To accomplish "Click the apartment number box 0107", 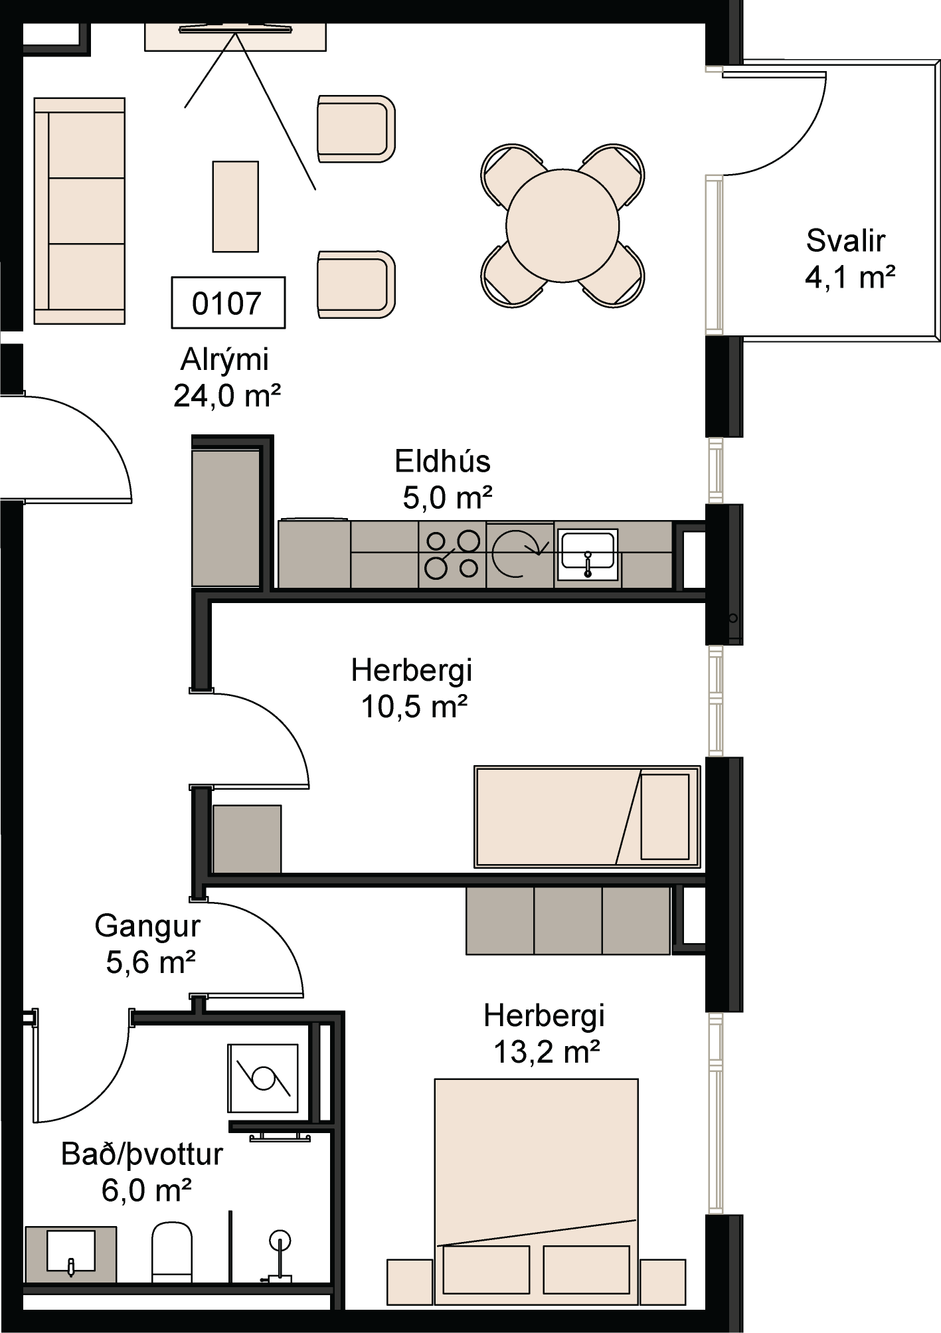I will point(228,303).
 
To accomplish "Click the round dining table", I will point(562,225).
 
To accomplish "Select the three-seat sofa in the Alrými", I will point(80,211).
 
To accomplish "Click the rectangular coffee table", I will point(235,206).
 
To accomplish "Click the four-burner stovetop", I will point(452,554).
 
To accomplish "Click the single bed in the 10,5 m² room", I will point(587,816).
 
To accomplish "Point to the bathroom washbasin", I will point(70,1253).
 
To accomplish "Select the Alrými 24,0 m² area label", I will point(226,377).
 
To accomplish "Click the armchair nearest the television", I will point(355,128).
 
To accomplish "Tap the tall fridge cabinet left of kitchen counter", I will point(226,518).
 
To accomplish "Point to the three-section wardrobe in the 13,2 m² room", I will point(568,921).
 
